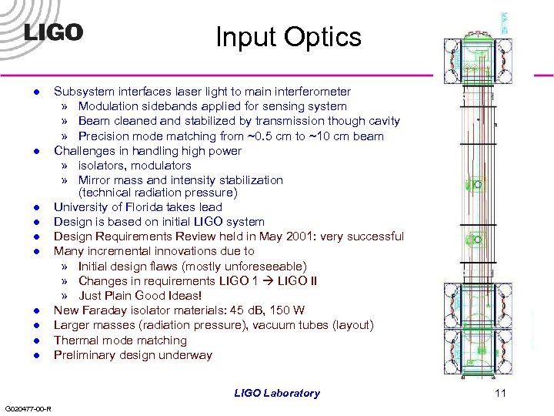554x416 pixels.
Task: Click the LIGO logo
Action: [53, 32]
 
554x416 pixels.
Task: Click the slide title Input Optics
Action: [288, 37]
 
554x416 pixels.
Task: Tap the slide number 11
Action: [501, 393]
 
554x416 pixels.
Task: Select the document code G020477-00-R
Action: [28, 408]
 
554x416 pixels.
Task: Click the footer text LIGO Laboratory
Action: [277, 393]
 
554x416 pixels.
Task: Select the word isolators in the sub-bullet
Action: [104, 166]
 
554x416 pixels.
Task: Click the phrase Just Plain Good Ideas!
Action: [140, 296]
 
